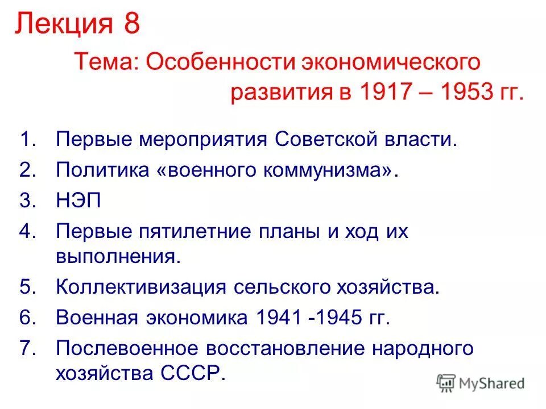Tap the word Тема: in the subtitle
[x=106, y=62]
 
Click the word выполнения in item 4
[x=118, y=256]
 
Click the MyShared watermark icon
[x=446, y=383]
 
